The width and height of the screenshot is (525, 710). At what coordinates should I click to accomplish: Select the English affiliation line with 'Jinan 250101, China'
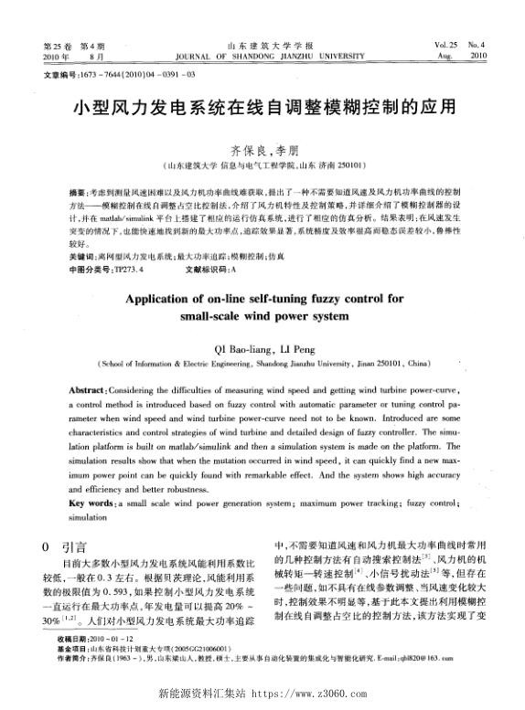[262, 362]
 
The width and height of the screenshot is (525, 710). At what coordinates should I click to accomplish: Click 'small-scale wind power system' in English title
[262, 316]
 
